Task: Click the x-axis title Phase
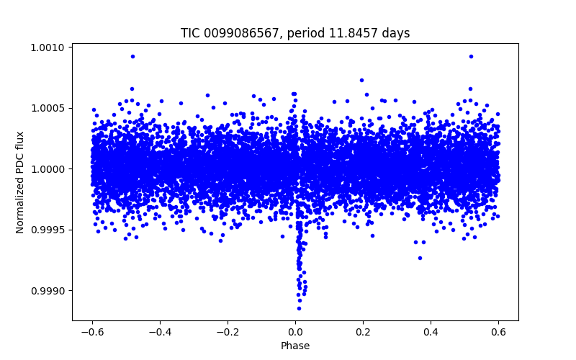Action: tap(295, 346)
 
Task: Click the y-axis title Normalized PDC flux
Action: tap(20, 182)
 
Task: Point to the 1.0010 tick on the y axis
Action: tap(48, 48)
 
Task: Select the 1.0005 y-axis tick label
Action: tap(48, 108)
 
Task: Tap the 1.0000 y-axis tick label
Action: tap(48, 169)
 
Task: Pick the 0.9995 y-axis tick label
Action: tap(48, 230)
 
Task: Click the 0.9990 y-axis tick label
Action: tap(48, 291)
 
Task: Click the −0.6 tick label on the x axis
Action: tap(91, 332)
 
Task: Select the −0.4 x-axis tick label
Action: tap(159, 332)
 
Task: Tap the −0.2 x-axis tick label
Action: tap(227, 332)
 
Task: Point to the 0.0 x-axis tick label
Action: tap(295, 332)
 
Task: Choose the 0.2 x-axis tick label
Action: tap(363, 332)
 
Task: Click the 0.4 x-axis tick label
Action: tap(431, 332)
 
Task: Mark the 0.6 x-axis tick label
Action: tap(498, 332)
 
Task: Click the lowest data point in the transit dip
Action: tap(299, 308)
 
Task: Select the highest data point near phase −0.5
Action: tap(132, 56)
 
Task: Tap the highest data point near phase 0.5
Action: tap(471, 56)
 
